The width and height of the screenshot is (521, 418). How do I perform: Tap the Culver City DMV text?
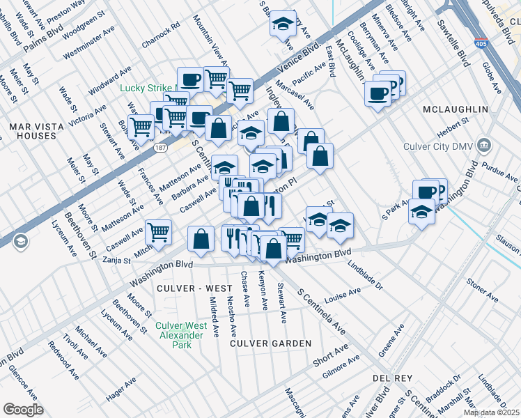[x=439, y=147]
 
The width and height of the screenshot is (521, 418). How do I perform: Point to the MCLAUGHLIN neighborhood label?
[x=455, y=110]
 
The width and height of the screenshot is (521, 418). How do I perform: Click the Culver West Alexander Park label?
[x=181, y=335]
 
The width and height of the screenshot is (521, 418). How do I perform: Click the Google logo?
[x=23, y=410]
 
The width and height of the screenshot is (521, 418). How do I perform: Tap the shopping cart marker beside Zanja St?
[x=159, y=231]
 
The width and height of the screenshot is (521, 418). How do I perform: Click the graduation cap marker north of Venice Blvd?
[x=283, y=24]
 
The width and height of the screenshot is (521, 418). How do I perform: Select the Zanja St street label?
[x=117, y=261]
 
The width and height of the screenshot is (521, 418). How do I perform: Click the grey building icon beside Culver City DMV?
[x=485, y=146]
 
